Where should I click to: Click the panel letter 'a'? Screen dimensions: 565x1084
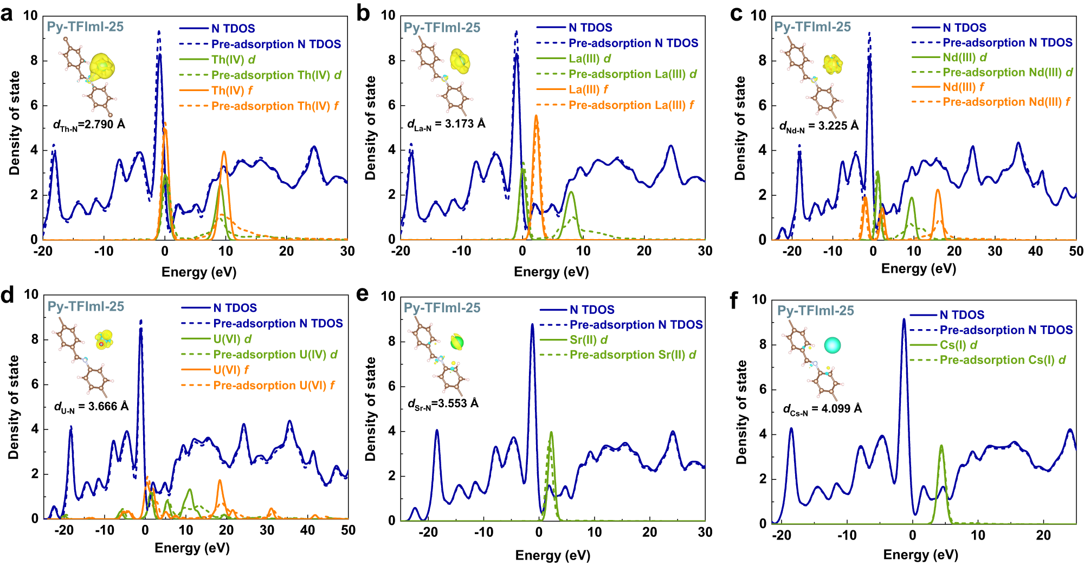click(x=7, y=14)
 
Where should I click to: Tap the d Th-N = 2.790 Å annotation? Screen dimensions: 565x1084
click(x=89, y=125)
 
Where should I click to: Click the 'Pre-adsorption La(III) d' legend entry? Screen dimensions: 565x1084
click(x=633, y=74)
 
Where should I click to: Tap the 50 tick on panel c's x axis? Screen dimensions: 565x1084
click(x=1076, y=252)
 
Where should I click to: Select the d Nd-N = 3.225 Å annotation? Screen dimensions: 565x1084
click(x=818, y=126)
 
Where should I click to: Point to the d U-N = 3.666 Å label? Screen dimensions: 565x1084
click(x=91, y=407)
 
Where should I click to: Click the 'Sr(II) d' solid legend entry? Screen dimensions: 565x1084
click(x=588, y=340)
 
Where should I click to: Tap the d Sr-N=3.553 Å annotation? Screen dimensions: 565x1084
click(x=443, y=404)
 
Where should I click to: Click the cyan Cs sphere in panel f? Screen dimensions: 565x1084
click(x=832, y=345)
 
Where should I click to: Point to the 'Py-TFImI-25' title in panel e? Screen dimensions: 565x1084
click(x=442, y=308)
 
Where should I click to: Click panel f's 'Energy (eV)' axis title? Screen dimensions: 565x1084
click(x=920, y=555)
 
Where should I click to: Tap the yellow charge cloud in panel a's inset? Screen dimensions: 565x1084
click(x=102, y=66)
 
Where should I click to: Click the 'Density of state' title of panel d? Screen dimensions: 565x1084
click(x=14, y=407)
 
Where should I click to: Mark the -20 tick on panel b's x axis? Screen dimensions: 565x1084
click(x=401, y=251)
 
